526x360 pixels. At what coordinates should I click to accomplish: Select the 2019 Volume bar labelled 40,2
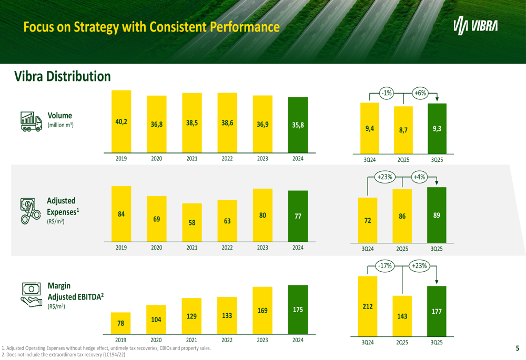122,121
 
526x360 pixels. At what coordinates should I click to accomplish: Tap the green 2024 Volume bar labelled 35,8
298,125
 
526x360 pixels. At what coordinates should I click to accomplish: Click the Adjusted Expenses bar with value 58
192,222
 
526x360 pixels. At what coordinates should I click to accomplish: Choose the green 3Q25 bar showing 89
437,215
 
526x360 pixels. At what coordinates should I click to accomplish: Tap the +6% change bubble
420,93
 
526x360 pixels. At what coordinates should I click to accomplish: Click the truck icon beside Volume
31,121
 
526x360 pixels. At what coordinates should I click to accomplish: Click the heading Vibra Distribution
62,77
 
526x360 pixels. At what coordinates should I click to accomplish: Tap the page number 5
517,348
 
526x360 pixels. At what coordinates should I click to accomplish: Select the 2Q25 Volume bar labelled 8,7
403,129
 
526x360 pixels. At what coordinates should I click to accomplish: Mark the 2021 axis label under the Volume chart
192,158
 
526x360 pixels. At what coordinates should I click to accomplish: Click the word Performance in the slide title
245,26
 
